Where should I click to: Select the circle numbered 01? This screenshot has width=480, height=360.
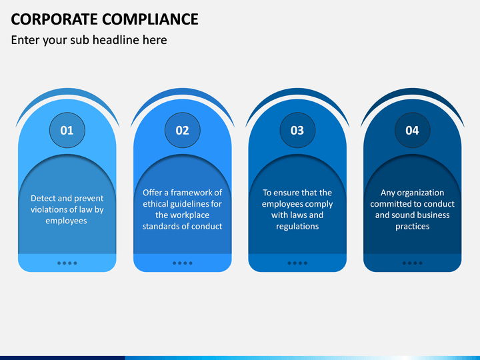(67, 130)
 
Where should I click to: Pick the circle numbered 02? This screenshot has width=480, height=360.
(182, 130)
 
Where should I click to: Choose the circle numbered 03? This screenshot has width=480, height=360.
(297, 130)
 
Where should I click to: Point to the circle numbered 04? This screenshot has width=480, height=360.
(412, 130)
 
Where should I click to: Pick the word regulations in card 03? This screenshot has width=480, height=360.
(297, 226)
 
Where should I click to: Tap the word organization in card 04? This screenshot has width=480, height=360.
(422, 193)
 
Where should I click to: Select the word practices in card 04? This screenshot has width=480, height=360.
(412, 226)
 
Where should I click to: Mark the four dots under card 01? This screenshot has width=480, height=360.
(67, 263)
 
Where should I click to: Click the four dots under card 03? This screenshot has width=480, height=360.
(297, 263)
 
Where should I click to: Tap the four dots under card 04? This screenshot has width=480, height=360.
(412, 263)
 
